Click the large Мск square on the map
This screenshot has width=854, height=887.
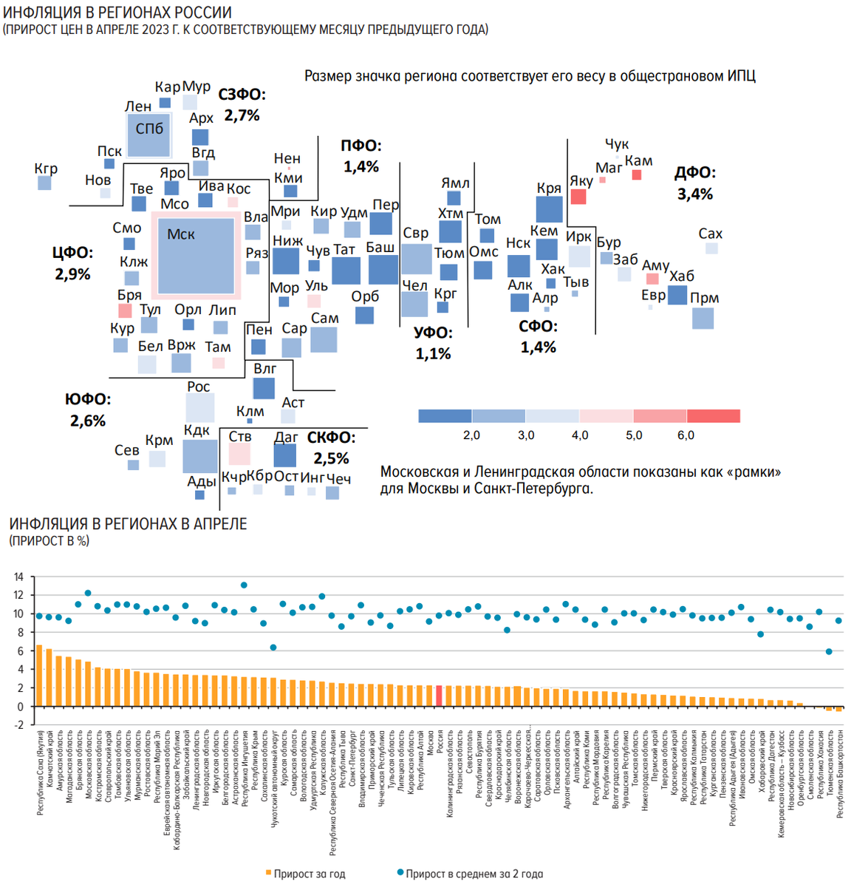[x=196, y=256]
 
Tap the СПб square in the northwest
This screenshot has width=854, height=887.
[x=149, y=135]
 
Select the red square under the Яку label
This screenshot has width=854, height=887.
[x=578, y=197]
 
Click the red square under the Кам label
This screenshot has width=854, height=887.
[x=637, y=175]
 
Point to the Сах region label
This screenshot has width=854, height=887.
[x=710, y=234]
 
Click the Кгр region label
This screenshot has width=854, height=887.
[x=46, y=169]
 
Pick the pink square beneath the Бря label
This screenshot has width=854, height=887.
[x=125, y=310]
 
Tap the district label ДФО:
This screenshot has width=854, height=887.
[x=694, y=173]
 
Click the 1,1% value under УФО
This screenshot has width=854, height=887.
[x=433, y=354]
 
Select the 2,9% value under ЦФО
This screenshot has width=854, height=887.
[x=72, y=274]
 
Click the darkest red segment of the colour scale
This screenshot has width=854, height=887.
[x=714, y=416]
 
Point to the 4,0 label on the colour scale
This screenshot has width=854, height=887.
[x=580, y=435]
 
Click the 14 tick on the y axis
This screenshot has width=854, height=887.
[x=18, y=577]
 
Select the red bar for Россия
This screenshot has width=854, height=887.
[x=439, y=696]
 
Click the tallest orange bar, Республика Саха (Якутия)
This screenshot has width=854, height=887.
[x=39, y=676]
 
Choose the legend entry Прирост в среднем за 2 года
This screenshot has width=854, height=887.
[x=474, y=874]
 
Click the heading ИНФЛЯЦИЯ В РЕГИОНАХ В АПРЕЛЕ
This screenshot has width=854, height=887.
[x=128, y=524]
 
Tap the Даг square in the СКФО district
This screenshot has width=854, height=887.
[x=284, y=455]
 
